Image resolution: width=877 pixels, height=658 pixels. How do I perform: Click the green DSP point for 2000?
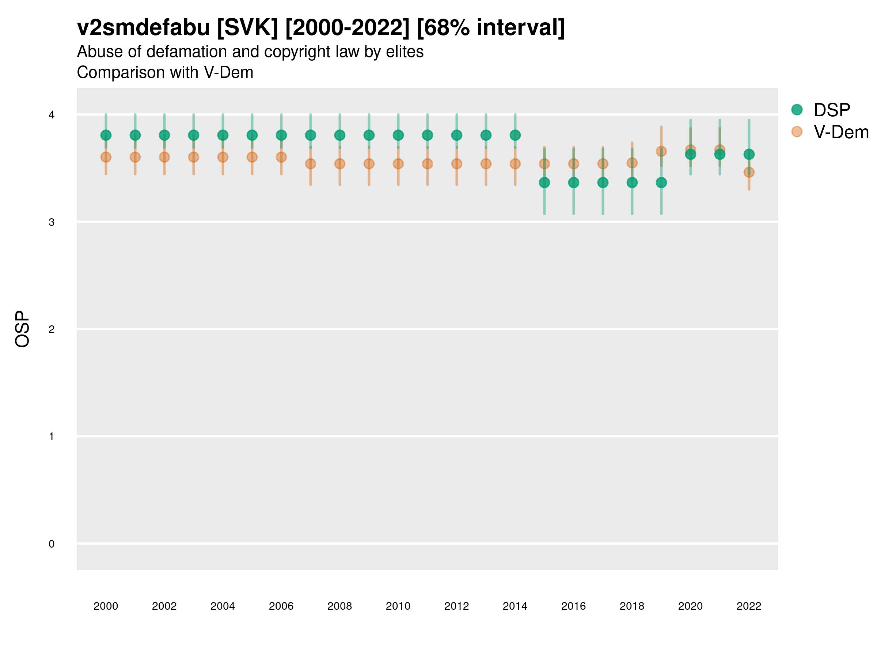(x=106, y=135)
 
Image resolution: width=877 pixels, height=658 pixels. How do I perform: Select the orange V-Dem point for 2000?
(x=106, y=157)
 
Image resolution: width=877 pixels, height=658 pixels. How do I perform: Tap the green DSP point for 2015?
(x=544, y=182)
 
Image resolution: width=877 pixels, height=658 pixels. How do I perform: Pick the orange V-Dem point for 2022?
(x=749, y=172)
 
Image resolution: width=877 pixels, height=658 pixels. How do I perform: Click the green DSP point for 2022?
(x=749, y=154)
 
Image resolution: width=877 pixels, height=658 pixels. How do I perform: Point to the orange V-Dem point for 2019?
(x=661, y=151)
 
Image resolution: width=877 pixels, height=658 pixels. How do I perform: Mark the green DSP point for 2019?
(x=661, y=182)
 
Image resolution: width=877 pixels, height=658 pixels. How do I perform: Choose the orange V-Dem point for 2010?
(x=398, y=164)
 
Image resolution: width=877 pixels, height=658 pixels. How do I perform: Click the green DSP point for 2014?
(x=515, y=135)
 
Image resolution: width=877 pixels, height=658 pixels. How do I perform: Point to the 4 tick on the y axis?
(x=52, y=115)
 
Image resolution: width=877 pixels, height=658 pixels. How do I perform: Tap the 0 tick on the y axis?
(x=52, y=544)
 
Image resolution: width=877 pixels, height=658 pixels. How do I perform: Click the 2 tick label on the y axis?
(x=52, y=329)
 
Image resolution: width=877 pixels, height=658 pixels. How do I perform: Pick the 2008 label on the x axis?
(x=340, y=606)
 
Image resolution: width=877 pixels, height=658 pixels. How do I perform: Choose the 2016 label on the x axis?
(x=573, y=606)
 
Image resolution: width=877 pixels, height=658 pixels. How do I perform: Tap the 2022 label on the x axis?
(x=749, y=606)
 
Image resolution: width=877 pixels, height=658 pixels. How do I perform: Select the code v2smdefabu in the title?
(x=144, y=28)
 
